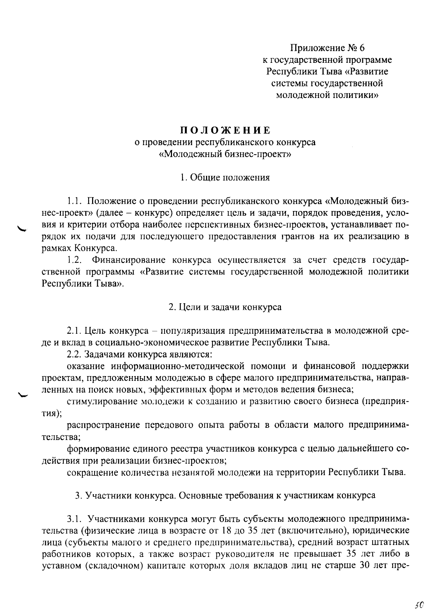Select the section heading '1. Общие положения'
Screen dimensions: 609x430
225,177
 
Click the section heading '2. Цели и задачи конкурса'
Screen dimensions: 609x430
225,307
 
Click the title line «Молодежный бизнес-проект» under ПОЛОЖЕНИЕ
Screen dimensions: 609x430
225,154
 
